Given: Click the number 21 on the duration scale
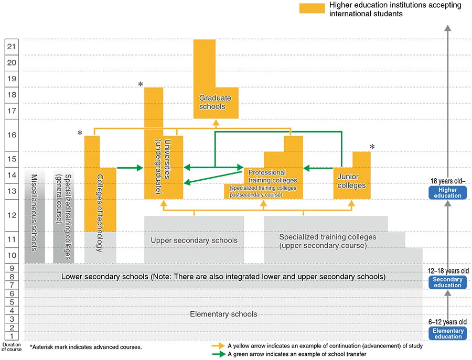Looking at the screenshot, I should [x=12, y=46].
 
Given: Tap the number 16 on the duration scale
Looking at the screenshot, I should [x=12, y=135].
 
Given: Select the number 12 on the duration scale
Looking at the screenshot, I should [x=12, y=215].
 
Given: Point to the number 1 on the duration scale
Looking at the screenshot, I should [x=12, y=336].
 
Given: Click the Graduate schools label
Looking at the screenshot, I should [x=212, y=102].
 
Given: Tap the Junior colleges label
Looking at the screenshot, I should [x=351, y=181].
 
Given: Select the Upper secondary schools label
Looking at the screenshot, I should [x=194, y=241].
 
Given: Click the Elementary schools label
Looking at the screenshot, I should [x=223, y=314].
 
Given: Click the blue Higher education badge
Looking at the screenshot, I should [x=447, y=192].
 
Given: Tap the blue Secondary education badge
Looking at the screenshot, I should [x=447, y=282].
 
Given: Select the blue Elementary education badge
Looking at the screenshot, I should [x=447, y=333].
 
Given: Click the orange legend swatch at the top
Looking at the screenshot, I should [x=312, y=8].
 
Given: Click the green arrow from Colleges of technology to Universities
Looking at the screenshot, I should [x=130, y=168].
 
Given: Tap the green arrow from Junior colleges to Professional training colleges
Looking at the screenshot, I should [x=318, y=168].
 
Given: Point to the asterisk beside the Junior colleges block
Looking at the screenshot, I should [x=372, y=147].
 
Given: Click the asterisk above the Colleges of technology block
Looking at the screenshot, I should [x=80, y=134].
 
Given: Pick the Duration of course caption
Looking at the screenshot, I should [x=12, y=347].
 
